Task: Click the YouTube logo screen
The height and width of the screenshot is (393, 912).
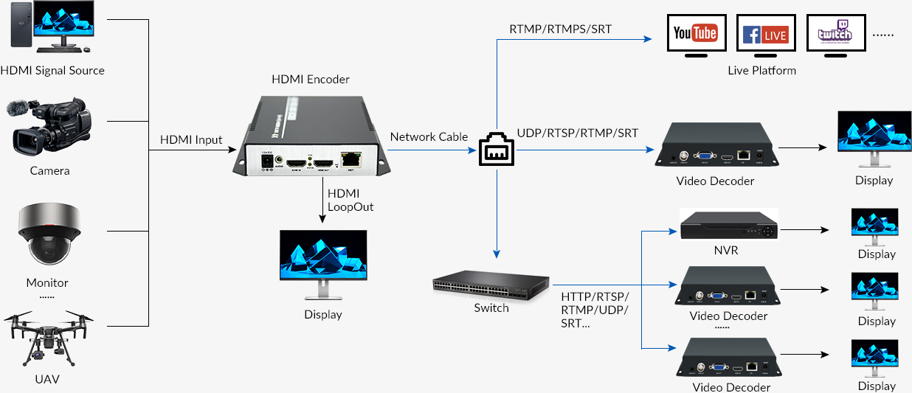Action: [x=696, y=34]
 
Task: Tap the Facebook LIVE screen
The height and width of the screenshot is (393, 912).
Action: [x=765, y=34]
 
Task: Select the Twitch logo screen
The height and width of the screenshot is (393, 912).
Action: [x=835, y=34]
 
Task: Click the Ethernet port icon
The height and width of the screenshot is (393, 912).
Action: [x=496, y=150]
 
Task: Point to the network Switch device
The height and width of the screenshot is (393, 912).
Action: [x=491, y=284]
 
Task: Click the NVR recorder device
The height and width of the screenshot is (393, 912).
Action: [x=729, y=225]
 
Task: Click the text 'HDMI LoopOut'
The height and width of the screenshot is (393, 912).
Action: [x=350, y=200]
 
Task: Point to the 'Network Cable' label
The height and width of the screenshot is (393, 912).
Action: [x=429, y=136]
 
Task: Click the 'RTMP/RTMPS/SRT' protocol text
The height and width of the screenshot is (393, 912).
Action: [x=561, y=29]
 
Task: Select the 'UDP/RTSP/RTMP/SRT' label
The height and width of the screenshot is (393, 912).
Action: [x=578, y=133]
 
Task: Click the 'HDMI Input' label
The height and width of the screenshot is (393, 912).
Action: [x=191, y=139]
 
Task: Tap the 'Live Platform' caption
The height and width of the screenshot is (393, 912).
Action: [x=762, y=71]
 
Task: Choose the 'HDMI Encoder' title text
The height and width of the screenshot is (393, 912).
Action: [x=311, y=79]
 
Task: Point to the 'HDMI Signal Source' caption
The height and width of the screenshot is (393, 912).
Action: [x=52, y=71]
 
